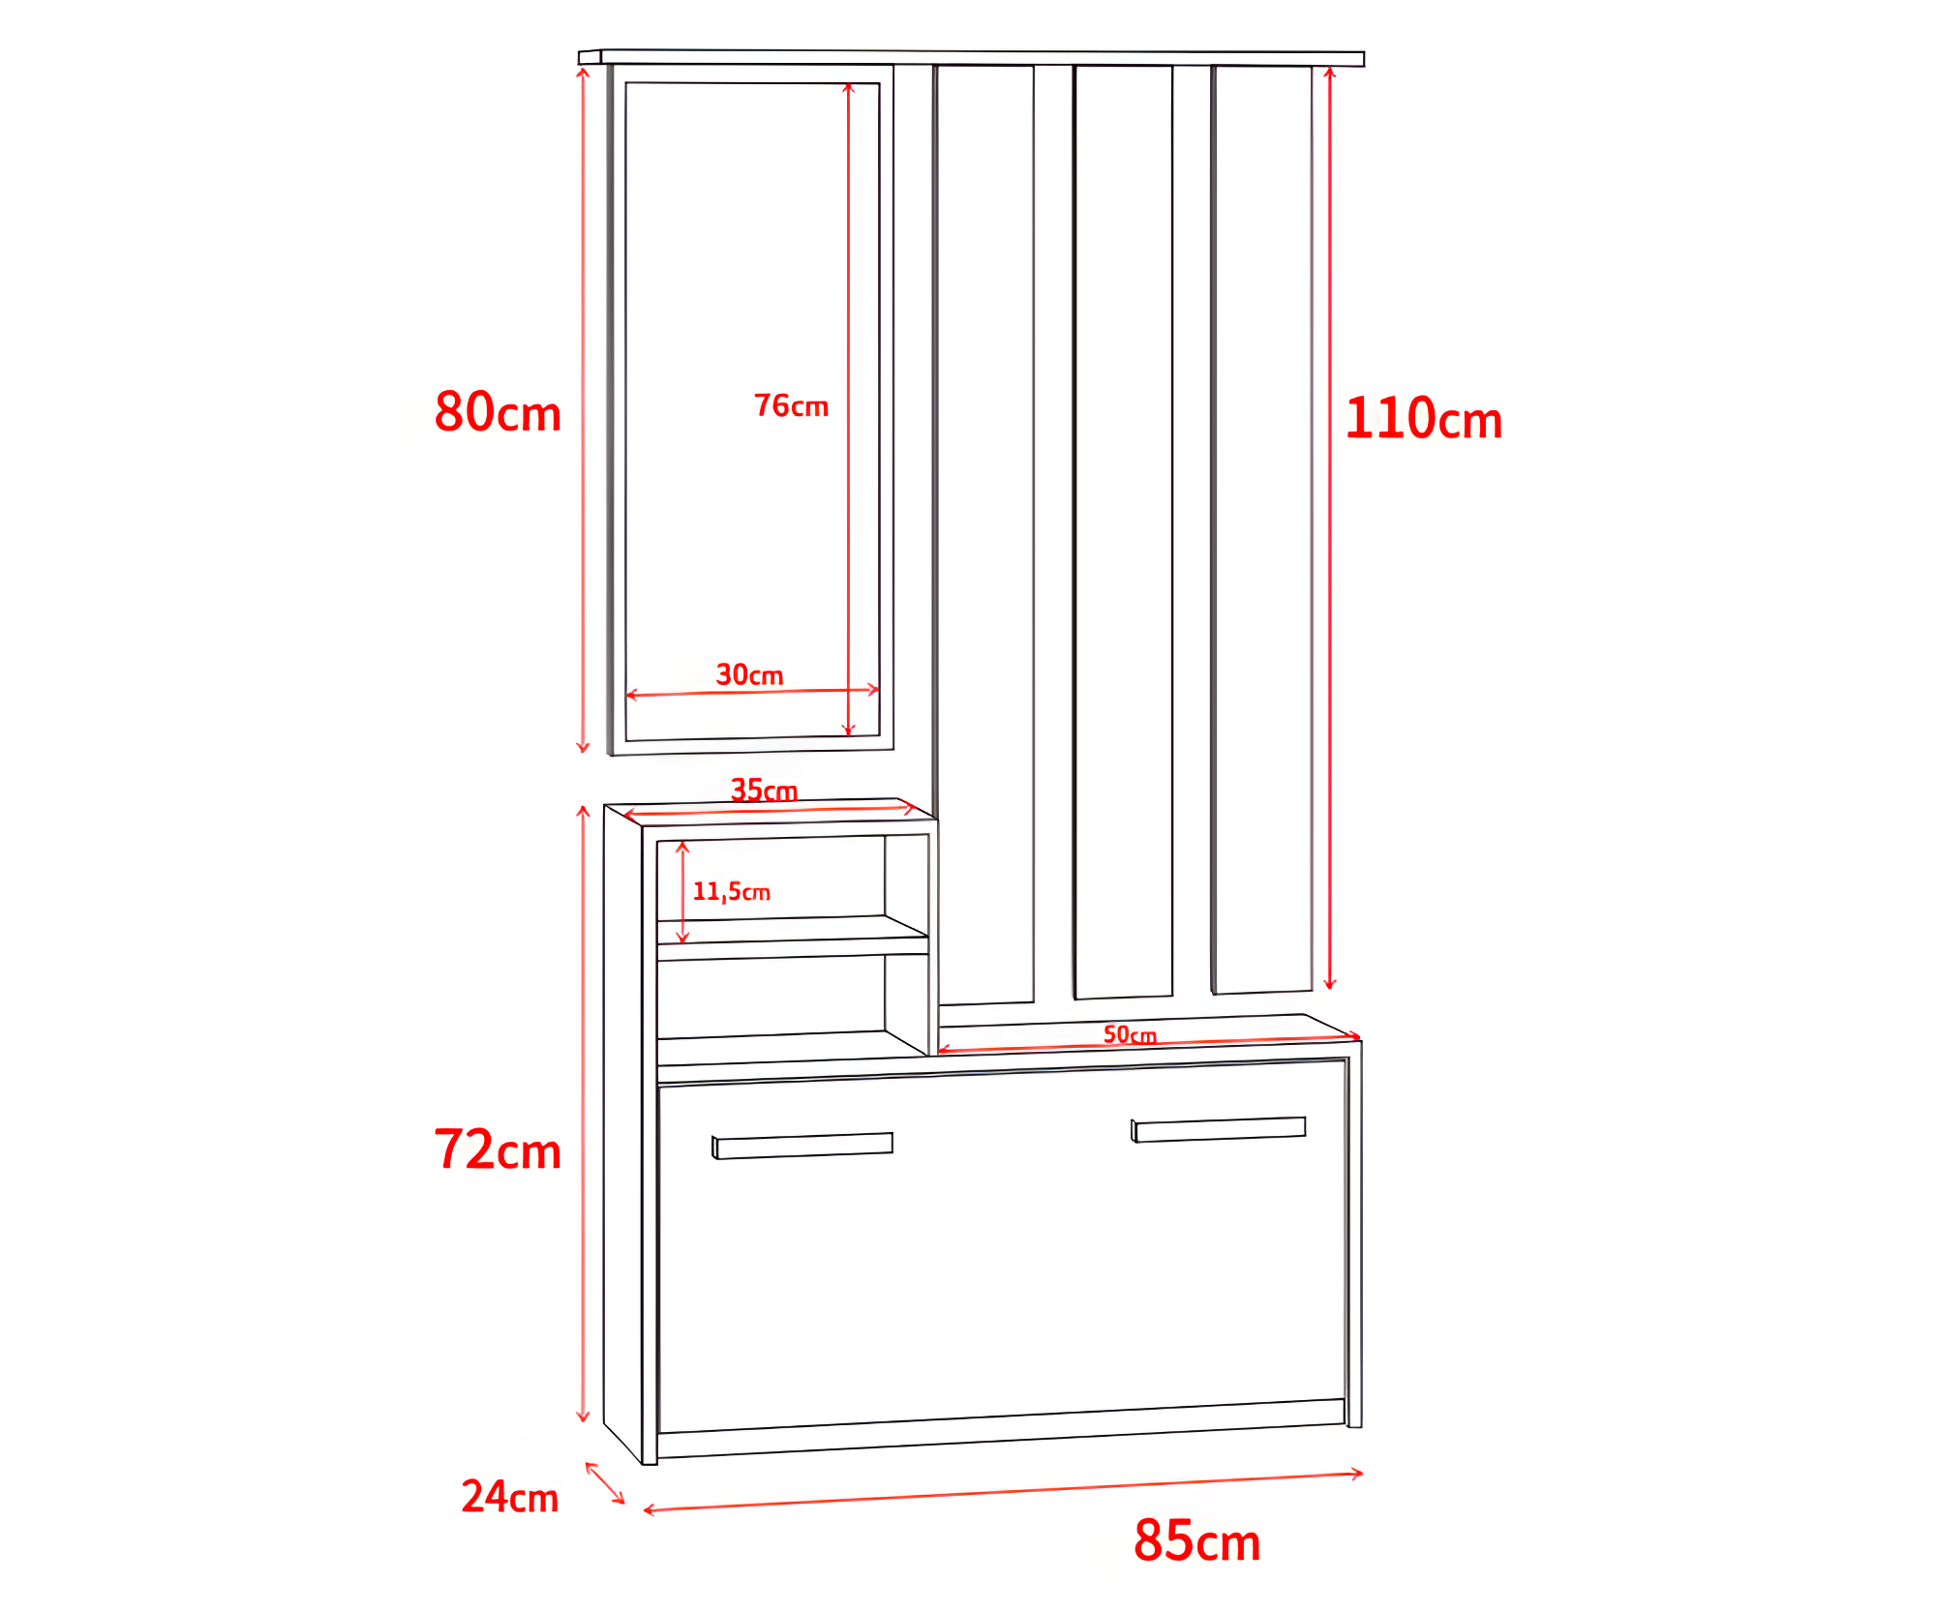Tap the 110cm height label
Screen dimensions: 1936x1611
[x=1423, y=418]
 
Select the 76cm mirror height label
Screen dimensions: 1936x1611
[x=791, y=405]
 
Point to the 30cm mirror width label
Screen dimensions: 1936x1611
[x=749, y=674]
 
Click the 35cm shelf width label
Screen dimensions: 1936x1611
[x=764, y=791]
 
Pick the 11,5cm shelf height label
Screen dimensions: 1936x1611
[x=732, y=891]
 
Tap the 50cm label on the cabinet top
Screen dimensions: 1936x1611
[x=1130, y=1034]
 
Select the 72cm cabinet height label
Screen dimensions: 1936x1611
[x=498, y=1149]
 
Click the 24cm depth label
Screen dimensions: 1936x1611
[x=510, y=1497]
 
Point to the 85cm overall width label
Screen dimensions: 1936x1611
[x=1197, y=1540]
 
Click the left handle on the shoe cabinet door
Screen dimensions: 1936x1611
[x=802, y=1146]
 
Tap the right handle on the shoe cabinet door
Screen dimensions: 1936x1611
[x=1219, y=1129]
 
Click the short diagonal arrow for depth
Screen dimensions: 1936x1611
[x=605, y=1483]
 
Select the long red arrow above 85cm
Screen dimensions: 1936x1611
[x=1003, y=1492]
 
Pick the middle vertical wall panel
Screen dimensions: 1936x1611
[x=1123, y=532]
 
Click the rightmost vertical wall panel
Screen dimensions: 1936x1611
[x=1262, y=529]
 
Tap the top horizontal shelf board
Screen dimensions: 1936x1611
[x=972, y=58]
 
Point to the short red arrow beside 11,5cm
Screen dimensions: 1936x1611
[x=682, y=892]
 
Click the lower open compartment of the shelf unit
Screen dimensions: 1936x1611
[x=793, y=1006]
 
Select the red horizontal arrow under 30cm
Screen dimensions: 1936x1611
[x=752, y=692]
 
